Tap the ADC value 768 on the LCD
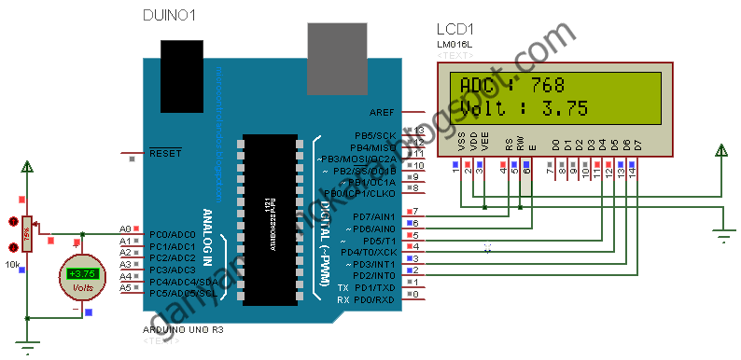547,85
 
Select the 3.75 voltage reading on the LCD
565,108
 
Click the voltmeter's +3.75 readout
82,273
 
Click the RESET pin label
165,152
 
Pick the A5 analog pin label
125,287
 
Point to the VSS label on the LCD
462,141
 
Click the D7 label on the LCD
638,145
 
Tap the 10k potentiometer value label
13,265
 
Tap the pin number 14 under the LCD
633,173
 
